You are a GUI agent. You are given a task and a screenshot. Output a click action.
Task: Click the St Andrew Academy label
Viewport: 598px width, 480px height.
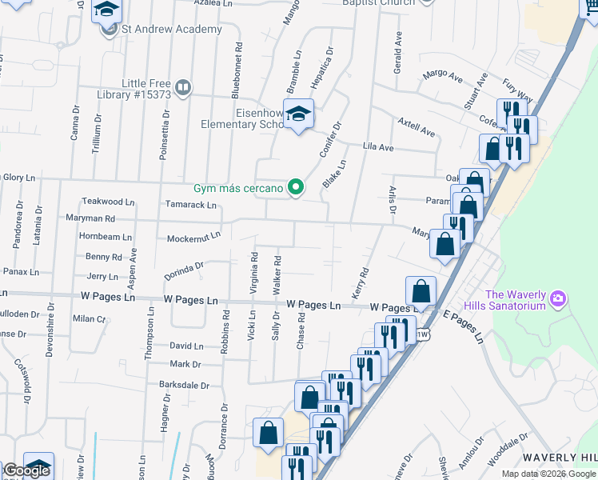pos(171,30)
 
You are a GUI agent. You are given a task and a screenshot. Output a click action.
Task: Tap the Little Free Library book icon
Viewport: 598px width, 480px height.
pos(183,86)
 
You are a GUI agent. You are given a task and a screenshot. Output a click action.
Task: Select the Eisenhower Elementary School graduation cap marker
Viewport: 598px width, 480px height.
pos(298,114)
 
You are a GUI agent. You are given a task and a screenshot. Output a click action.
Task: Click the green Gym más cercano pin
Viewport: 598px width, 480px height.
pos(296,188)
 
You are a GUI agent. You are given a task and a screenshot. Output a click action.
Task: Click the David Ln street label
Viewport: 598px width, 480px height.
pos(186,346)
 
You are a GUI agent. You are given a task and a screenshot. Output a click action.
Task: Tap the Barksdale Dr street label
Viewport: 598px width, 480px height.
pos(188,383)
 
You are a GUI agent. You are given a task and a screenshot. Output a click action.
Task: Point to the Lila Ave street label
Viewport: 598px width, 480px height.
pos(378,147)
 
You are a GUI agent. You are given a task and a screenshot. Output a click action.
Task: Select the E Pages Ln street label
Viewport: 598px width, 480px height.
pos(464,328)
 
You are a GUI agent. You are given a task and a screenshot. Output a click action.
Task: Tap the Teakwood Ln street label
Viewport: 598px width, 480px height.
pos(108,202)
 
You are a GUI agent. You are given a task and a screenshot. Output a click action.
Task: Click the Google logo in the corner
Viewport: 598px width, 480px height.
pos(26,471)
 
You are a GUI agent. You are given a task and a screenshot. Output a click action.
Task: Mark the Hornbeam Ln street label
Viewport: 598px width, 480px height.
pos(105,237)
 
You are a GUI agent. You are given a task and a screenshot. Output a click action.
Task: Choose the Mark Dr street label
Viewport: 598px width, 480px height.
pos(185,364)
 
